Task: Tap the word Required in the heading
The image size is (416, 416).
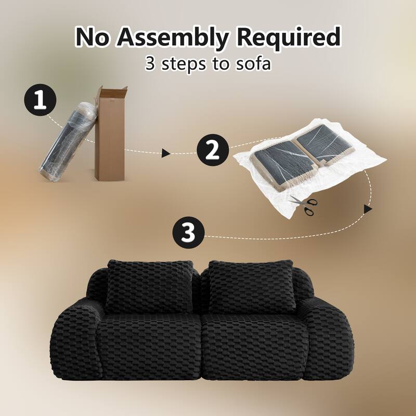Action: tap(289, 37)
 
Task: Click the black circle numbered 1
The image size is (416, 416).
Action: tap(40, 100)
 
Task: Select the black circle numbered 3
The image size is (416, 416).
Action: tap(188, 232)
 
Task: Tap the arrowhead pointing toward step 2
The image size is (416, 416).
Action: tap(166, 153)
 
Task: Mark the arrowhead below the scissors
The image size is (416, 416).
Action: tap(368, 209)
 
